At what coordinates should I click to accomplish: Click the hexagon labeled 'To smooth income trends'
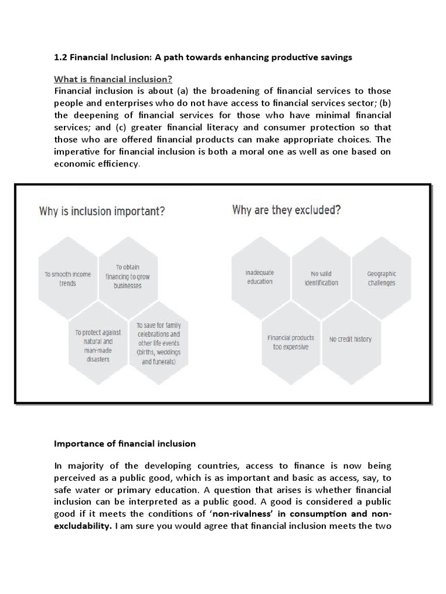pyautogui.click(x=68, y=278)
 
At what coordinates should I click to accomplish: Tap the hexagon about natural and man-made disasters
pyautogui.click(x=98, y=345)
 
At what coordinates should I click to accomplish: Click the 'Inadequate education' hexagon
pyautogui.click(x=260, y=277)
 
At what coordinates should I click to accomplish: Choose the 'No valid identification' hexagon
pyautogui.click(x=321, y=278)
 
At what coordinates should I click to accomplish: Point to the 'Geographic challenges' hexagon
pyautogui.click(x=382, y=278)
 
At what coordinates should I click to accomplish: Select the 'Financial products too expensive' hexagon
pyautogui.click(x=290, y=342)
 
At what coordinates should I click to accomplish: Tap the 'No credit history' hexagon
pyautogui.click(x=350, y=339)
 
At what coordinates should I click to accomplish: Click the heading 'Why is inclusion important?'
pyautogui.click(x=102, y=211)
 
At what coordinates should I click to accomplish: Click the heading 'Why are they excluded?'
pyautogui.click(x=286, y=209)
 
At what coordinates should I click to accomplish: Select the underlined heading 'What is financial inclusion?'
pyautogui.click(x=113, y=79)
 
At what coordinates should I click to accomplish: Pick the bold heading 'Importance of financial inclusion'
pyautogui.click(x=125, y=444)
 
